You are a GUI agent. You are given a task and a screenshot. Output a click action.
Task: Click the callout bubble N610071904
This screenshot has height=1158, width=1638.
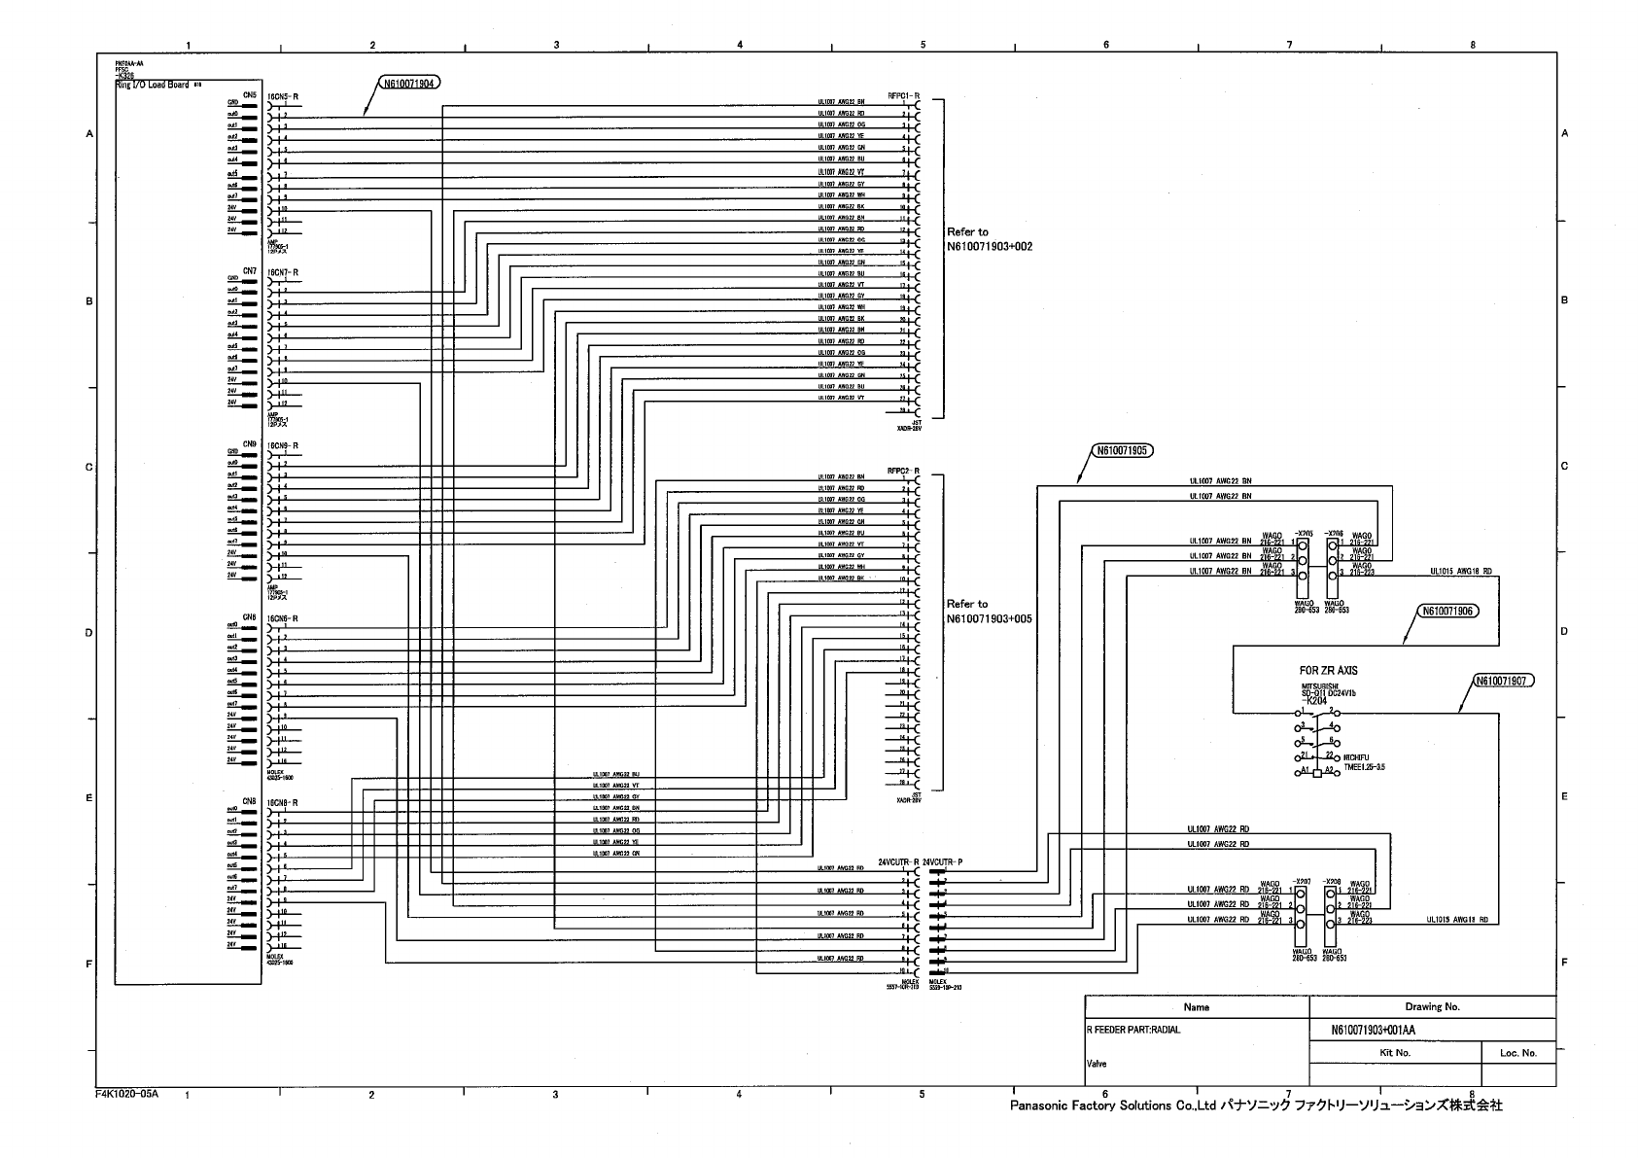point(408,84)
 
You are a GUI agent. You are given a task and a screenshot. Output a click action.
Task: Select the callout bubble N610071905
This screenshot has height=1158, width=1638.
point(1123,451)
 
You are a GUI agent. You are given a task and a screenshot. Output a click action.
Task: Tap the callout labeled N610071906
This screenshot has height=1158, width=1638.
point(1448,612)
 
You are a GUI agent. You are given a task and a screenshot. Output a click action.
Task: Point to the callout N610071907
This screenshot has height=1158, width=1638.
point(1503,681)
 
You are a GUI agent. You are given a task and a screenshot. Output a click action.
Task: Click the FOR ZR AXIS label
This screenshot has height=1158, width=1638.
point(1329,671)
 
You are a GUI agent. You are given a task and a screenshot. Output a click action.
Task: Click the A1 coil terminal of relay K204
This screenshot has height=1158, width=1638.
point(1303,771)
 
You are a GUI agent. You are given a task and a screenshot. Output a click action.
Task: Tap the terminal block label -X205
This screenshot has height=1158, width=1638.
point(1304,534)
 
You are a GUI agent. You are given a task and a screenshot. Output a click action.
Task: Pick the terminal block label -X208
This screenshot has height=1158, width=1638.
point(1333,881)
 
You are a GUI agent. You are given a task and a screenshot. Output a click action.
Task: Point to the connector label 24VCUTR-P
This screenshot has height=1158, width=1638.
point(942,862)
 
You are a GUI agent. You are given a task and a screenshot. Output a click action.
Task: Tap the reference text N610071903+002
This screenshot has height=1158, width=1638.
point(989,247)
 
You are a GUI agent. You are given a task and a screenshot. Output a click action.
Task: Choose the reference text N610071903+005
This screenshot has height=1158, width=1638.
point(989,618)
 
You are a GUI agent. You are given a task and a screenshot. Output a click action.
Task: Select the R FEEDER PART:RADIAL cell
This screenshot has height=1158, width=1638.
point(1133,1031)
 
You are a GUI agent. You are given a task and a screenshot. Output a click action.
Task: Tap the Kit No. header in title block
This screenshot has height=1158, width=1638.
point(1395,1053)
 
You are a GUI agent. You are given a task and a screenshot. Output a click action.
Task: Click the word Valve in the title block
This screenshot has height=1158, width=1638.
point(1097,1065)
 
